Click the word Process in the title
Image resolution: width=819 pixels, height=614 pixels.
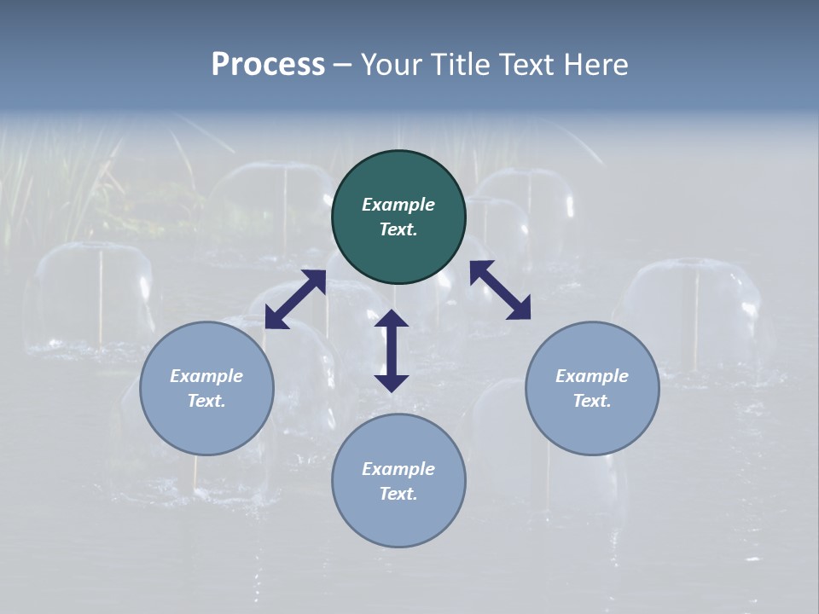pos(268,65)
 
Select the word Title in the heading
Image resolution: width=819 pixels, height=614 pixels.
pos(460,65)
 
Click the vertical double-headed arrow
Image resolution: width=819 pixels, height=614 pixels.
pos(392,350)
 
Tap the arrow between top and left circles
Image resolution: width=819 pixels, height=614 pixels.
pos(295,298)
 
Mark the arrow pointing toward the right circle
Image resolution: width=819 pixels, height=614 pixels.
pos(501,290)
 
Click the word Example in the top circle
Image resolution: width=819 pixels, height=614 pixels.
pos(398,205)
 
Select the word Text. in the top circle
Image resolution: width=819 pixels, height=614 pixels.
pos(398,229)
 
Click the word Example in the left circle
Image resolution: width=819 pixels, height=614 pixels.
pos(206,376)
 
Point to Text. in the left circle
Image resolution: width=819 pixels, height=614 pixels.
pos(206,401)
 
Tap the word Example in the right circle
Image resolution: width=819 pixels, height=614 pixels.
pos(592,376)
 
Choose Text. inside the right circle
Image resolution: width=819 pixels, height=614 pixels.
pos(592,401)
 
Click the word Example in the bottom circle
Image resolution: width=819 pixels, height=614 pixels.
pos(398,469)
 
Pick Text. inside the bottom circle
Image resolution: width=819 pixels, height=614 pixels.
pos(398,494)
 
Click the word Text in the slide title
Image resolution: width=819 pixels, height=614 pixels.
pos(527,65)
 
